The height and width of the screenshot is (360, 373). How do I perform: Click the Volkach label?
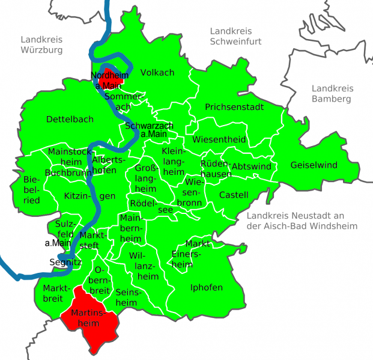tap(157, 73)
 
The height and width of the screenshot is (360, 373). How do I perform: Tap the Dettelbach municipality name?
tap(70, 119)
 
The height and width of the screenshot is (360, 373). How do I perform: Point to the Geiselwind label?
tap(314, 165)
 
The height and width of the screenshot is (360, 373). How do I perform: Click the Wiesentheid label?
tap(219, 139)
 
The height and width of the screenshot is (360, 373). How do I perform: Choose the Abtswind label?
tap(251, 166)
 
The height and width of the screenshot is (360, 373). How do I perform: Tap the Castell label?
tap(233, 195)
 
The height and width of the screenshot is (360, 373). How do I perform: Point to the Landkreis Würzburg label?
tap(41, 44)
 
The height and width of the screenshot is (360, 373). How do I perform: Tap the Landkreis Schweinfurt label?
tap(231, 36)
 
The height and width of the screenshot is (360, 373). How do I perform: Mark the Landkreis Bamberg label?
tap(331, 93)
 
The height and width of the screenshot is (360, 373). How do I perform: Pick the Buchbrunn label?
tap(65, 172)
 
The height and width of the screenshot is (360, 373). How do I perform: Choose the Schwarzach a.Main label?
tap(149, 130)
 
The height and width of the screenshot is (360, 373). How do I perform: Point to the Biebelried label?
tap(31, 190)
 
